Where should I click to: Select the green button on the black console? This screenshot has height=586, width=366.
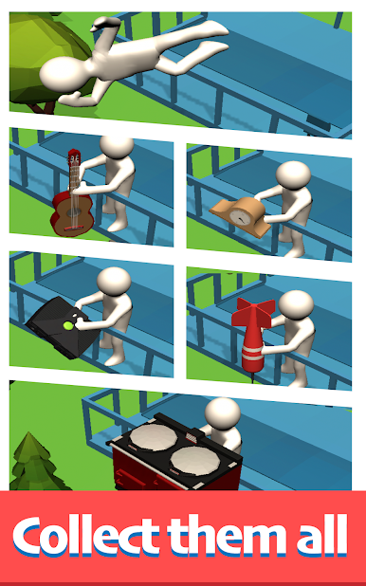[68, 325]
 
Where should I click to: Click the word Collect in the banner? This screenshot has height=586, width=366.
[86, 536]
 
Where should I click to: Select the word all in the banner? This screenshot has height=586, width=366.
[321, 535]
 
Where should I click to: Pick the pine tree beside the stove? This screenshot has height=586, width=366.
[35, 462]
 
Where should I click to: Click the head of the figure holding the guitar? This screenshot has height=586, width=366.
[117, 146]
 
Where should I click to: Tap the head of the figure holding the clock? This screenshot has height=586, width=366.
[294, 175]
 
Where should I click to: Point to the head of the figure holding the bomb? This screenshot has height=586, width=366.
[296, 304]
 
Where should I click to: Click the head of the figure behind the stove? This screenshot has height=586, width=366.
[223, 413]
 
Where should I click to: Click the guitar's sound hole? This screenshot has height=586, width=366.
[73, 212]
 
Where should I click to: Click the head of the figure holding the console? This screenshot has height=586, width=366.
[114, 282]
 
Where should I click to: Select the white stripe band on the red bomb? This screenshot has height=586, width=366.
[252, 354]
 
